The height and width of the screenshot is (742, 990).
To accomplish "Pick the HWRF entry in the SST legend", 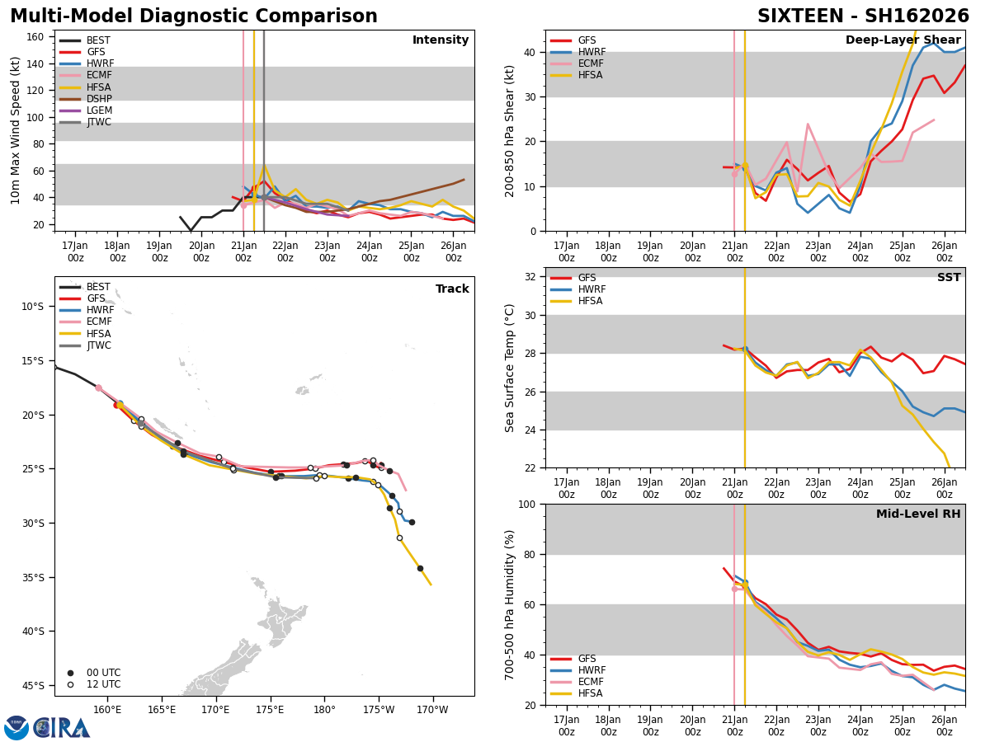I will [592, 289].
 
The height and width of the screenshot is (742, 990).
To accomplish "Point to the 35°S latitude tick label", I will [32, 577].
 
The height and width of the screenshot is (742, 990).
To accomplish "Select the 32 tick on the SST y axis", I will [531, 277].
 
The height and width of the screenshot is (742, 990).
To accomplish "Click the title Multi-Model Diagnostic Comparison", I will [194, 16].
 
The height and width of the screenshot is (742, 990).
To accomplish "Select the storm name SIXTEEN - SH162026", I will [863, 16].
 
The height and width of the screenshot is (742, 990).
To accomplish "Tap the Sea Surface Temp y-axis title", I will [510, 368].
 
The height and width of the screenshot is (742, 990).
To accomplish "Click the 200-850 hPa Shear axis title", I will [510, 131].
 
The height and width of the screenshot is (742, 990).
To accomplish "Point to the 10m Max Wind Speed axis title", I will [16, 131].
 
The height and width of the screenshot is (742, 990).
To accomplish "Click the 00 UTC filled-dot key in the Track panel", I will [92, 673].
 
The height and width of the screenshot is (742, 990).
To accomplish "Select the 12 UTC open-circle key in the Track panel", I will [92, 684].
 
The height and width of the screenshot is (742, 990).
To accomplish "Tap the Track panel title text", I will [452, 289].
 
